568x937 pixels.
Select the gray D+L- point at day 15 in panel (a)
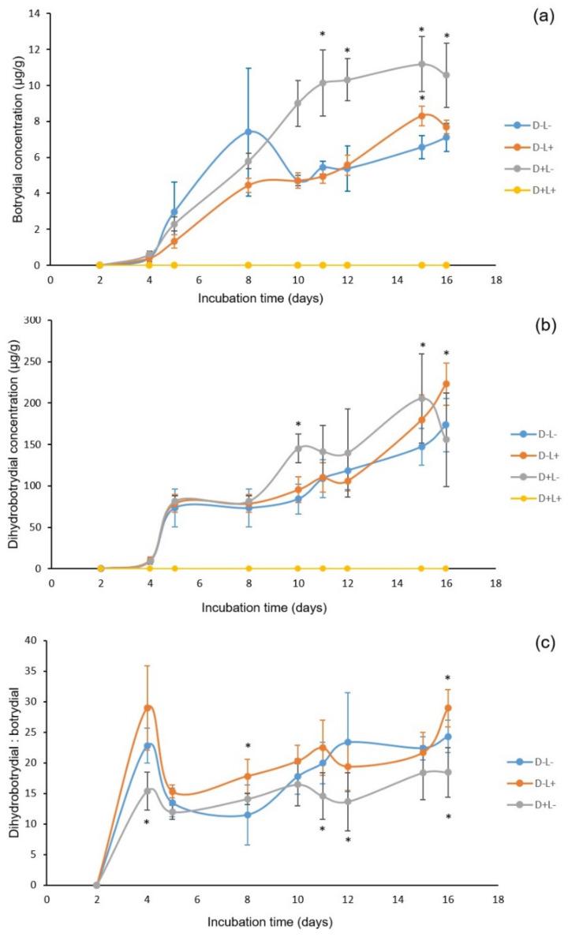pos(421,64)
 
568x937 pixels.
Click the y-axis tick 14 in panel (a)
pos(35,13)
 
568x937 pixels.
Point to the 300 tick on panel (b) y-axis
pos(32,320)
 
